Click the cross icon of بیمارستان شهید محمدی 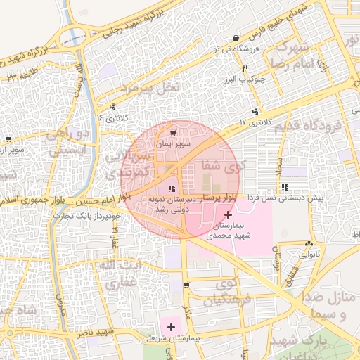tap(227, 214)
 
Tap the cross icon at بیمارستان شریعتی tap(171, 326)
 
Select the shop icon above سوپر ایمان tap(173, 132)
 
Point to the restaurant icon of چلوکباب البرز tap(245, 69)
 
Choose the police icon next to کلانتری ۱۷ tap(255, 111)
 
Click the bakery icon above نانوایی tap(309, 243)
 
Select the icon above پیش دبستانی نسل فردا tap(285, 187)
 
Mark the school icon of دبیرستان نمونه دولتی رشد tap(172, 188)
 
